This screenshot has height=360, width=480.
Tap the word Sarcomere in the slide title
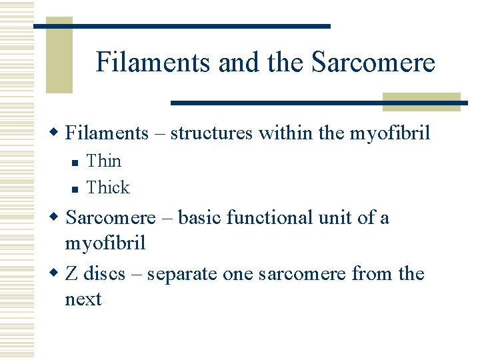tap(373, 63)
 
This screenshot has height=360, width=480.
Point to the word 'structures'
tap(211, 133)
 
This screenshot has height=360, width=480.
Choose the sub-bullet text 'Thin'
tap(104, 161)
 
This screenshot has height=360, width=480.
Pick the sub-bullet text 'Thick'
tap(108, 187)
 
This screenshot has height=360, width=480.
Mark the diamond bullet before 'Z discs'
tap(57, 275)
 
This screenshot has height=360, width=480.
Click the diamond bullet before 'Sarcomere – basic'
tap(57, 219)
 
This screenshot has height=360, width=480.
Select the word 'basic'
tap(197, 218)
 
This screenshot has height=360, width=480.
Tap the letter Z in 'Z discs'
tap(71, 274)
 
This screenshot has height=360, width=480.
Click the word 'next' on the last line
tap(83, 300)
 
